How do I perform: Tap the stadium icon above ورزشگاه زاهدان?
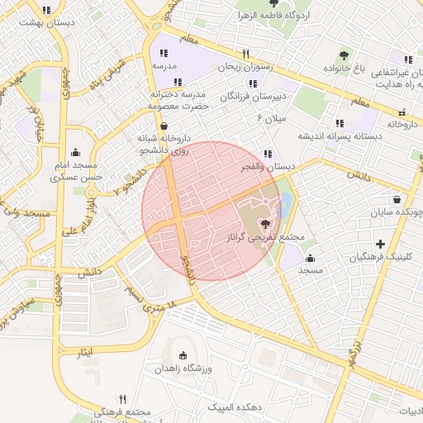pos(183,356)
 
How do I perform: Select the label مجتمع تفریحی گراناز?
pos(266,237)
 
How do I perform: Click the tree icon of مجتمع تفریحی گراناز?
pos(265,223)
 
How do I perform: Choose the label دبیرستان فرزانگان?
pos(252,97)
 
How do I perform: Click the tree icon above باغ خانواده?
pos(344,55)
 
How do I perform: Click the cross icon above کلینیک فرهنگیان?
pos(380,244)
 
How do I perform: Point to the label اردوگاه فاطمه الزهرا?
pos(298,16)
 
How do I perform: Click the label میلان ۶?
pos(271,119)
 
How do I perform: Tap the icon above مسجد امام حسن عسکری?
pos(76,152)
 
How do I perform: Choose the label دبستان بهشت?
pos(50,23)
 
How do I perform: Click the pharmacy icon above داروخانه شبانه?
pos(166,125)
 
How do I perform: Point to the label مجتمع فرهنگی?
pos(121,412)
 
